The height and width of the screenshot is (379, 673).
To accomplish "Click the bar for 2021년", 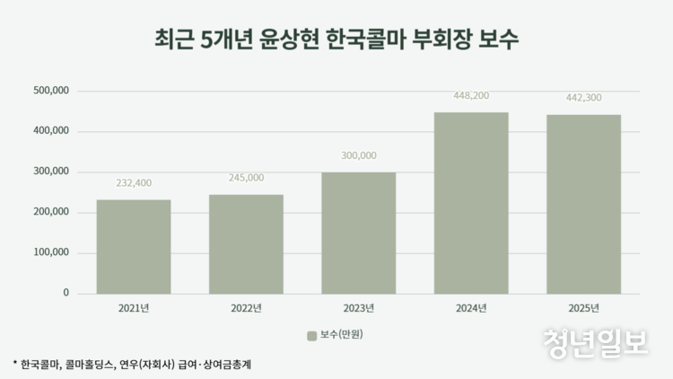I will point(134,246).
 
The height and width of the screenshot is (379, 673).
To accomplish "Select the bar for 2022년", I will point(246,243).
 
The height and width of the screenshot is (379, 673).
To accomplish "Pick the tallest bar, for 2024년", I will point(471,203).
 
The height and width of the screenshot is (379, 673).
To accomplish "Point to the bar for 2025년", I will point(583,204).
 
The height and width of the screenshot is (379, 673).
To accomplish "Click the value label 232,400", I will point(134,183).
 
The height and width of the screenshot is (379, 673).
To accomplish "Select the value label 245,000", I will point(246,178).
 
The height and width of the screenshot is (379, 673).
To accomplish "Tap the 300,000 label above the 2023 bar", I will point(359,155).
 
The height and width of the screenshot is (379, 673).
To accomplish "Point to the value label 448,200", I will point(471,95).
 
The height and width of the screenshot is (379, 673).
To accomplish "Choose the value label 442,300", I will point(583,98).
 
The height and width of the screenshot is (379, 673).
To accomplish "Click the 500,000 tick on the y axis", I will point(50,91).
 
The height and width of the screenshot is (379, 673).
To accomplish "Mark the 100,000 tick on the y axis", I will point(50,252).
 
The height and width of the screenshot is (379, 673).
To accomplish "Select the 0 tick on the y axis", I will point(66,293).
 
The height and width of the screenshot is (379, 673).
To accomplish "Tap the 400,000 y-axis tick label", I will point(50,131).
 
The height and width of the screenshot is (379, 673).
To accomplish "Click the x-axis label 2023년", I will point(359,309).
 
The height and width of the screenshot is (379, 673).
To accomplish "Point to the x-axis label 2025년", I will point(583,309).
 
